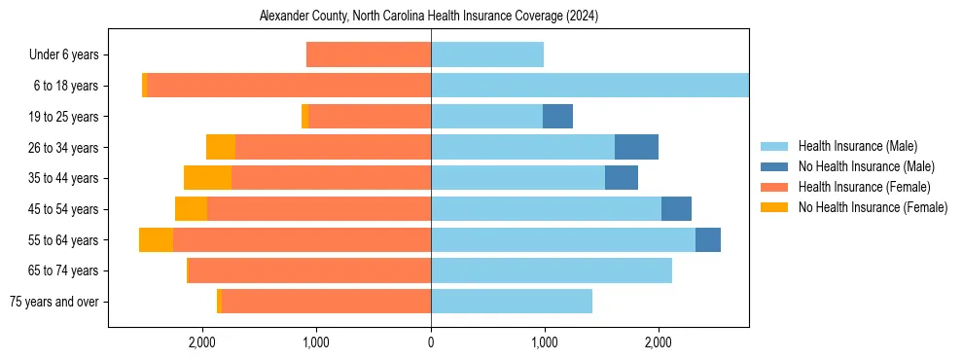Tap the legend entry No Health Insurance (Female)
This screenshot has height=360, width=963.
pos(873,207)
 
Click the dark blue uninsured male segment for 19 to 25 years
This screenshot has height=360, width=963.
pos(557,117)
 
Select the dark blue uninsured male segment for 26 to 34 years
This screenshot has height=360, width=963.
pos(636,147)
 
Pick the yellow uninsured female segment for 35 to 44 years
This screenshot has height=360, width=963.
pos(207,178)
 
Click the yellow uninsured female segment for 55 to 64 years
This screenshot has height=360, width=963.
pos(156,240)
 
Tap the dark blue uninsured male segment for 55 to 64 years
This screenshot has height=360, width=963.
pos(708,240)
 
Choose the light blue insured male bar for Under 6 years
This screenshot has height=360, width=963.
pos(487,55)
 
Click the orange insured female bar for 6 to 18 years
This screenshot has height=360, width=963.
pos(289,86)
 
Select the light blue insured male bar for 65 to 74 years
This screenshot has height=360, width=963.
pos(552,270)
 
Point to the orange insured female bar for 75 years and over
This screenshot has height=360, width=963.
pos(326,302)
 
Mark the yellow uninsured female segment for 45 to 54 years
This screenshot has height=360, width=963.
pos(191,209)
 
